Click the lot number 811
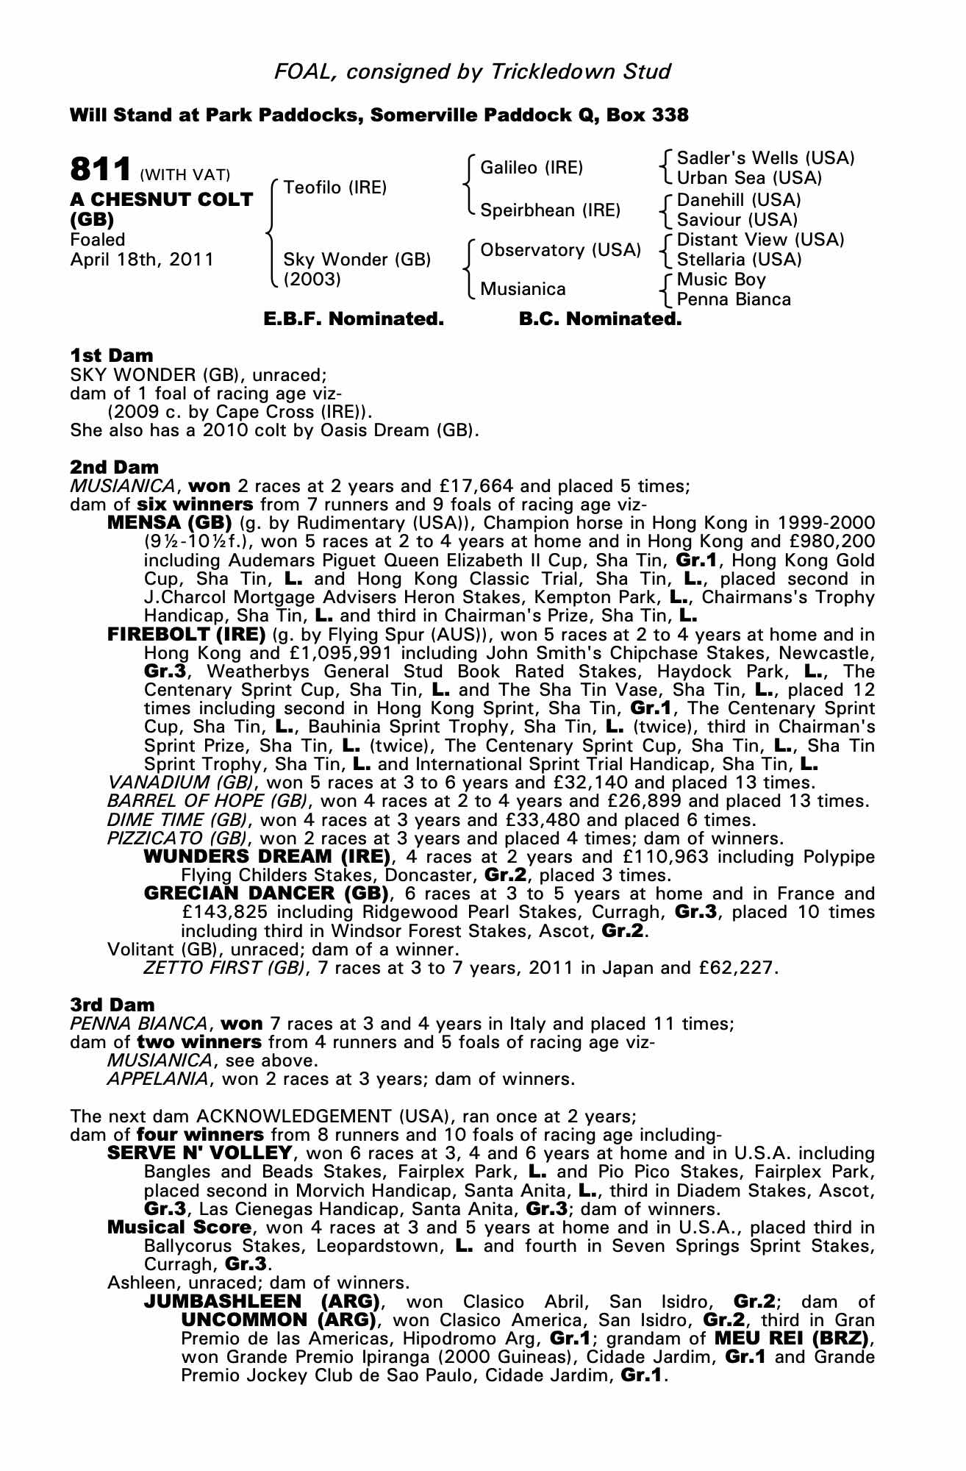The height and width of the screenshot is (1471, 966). tap(101, 169)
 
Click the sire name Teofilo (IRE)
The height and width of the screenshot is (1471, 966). tap(334, 188)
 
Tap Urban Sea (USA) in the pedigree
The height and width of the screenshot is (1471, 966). tap(749, 178)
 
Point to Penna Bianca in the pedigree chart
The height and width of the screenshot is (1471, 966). tap(734, 299)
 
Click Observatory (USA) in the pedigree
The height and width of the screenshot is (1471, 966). tap(560, 250)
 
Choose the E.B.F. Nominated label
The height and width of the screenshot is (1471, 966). tap(354, 319)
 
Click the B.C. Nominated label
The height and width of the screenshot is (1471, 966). tap(600, 319)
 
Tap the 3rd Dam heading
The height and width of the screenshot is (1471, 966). tap(112, 1005)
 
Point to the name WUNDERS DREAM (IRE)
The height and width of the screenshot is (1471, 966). tap(267, 857)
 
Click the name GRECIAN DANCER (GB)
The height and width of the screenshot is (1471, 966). tap(266, 894)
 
